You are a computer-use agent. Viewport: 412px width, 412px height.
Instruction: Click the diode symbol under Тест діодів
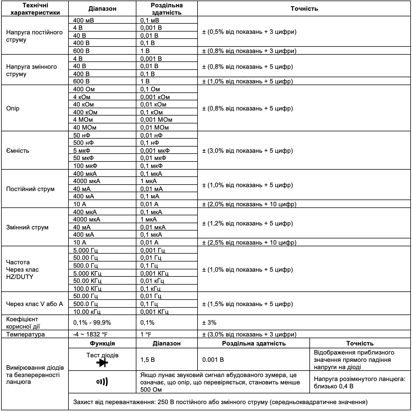pos(102,363)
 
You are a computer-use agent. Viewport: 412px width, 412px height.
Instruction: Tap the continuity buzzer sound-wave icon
pos(102,382)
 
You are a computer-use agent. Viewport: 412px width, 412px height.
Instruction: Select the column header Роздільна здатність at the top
pos(167,9)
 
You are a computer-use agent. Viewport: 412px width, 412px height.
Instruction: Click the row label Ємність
pos(17,150)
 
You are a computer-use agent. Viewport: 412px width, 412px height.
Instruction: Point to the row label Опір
pos(13,108)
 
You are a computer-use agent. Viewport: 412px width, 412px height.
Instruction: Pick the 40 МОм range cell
pos(85,127)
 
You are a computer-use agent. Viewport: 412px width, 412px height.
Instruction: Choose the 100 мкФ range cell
pos(85,166)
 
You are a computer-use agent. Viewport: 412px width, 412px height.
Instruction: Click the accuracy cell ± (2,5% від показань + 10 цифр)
pos(249,242)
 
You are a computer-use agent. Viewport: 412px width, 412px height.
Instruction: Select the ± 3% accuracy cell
pos(209,322)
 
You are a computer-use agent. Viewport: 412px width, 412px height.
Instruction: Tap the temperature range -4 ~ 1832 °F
pos(90,335)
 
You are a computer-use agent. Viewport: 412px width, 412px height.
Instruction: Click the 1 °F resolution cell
pos(146,335)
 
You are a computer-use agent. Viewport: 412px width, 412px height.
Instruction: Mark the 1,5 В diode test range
pos(147,360)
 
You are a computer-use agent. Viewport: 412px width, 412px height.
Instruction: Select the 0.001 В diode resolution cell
pos(213,360)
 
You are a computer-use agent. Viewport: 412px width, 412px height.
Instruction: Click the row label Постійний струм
pos(30,189)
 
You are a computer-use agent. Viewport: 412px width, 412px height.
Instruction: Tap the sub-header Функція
pos(102,343)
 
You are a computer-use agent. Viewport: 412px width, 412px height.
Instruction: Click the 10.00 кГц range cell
pos(87,312)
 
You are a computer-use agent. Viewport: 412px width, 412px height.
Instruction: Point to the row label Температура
pos(25,335)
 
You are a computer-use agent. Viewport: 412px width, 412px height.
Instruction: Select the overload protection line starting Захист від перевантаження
pos(220,402)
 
